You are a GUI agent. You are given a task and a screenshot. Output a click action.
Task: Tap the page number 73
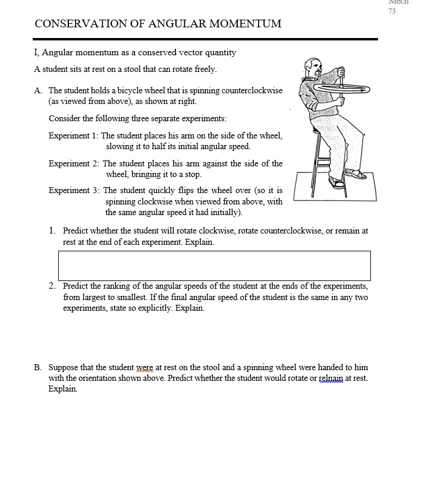(x=392, y=11)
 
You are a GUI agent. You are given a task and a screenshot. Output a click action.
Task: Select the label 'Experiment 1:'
(x=73, y=136)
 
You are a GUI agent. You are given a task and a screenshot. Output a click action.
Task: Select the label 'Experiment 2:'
(x=74, y=164)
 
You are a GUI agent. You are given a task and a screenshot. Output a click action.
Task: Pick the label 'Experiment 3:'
(x=74, y=191)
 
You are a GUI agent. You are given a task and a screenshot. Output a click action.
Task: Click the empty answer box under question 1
(x=214, y=266)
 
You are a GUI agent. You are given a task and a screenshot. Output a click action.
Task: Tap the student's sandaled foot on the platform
(x=355, y=175)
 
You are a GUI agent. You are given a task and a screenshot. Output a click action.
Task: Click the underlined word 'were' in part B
(x=144, y=368)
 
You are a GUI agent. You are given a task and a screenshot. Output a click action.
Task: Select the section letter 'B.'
(x=38, y=368)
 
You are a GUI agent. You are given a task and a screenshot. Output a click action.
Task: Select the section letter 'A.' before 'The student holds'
(x=39, y=91)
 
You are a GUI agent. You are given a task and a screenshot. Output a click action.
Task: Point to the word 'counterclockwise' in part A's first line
(x=251, y=91)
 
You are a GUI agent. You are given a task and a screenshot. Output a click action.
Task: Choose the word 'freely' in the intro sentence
(x=205, y=70)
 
